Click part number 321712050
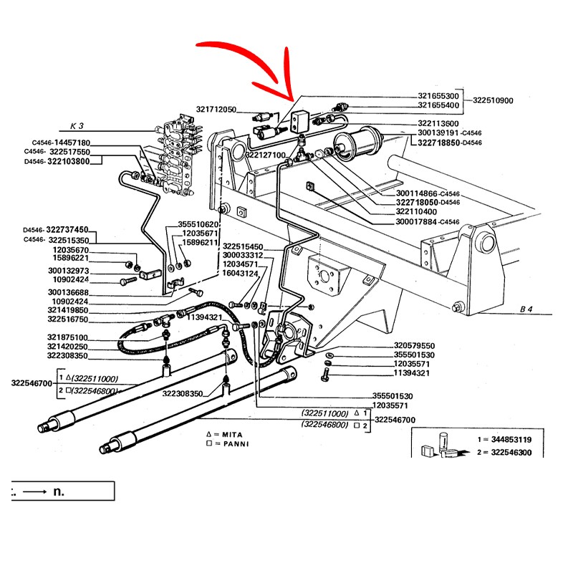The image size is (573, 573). click(216, 110)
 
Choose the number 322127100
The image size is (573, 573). click(265, 155)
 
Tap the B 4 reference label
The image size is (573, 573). click(526, 309)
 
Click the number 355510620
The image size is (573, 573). click(198, 224)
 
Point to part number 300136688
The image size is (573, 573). click(69, 292)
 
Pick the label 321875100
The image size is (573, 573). click(67, 337)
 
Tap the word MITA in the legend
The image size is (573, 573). click(232, 435)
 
